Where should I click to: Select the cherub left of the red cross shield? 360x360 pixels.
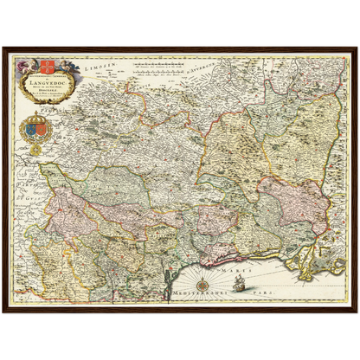click(29, 66)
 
